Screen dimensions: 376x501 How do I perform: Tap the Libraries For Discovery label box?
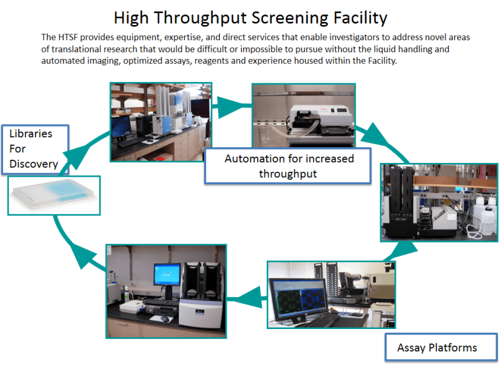pos(34,149)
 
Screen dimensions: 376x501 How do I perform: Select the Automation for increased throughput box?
pos(289,166)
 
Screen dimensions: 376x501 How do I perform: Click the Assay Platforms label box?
pos(437,347)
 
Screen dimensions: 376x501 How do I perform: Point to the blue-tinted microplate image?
pos(54,196)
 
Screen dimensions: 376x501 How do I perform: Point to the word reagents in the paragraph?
pos(251,61)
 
